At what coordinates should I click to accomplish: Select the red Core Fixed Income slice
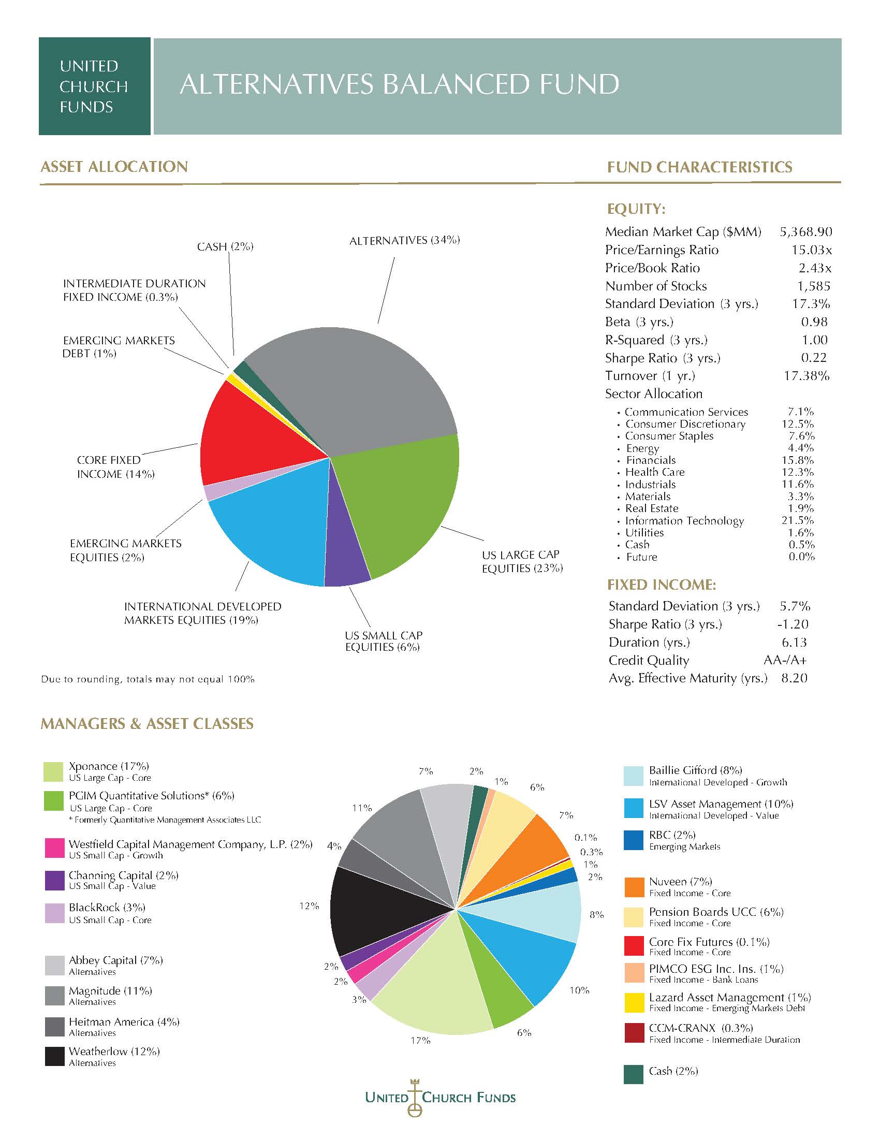[255, 438]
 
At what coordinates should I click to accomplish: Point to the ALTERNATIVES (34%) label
[405, 240]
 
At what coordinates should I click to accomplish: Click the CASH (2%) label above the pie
[225, 246]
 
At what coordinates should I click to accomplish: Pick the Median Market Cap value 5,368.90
[806, 231]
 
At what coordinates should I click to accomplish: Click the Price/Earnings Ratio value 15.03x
[812, 250]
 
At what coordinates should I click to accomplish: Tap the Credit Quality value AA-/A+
[785, 660]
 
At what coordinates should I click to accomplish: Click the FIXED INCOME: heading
[662, 585]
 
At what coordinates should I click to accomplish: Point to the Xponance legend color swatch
[54, 772]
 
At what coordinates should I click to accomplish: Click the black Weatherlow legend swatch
[54, 1056]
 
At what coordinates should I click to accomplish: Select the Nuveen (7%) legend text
[680, 881]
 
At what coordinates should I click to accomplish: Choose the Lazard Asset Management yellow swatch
[634, 1002]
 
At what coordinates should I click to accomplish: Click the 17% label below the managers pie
[420, 1041]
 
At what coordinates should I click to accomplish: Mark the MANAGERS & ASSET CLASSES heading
[147, 723]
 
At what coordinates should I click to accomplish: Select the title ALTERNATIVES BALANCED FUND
[399, 84]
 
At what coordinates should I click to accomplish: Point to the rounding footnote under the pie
[148, 679]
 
